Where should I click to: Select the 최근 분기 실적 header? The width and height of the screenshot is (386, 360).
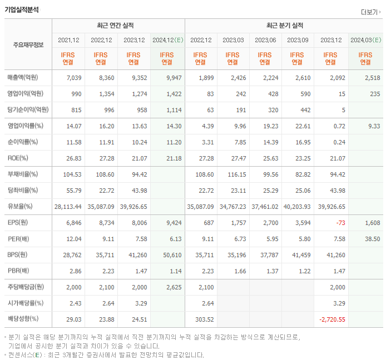(285, 26)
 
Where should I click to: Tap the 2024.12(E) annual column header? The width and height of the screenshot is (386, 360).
(167, 40)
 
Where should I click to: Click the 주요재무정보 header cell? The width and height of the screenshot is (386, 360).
(28, 45)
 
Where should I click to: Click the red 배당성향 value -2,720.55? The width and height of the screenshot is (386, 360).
(332, 319)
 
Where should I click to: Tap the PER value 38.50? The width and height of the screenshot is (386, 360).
(372, 238)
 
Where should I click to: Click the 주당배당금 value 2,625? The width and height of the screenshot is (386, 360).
(174, 287)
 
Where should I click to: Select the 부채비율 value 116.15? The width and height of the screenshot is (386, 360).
(236, 174)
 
